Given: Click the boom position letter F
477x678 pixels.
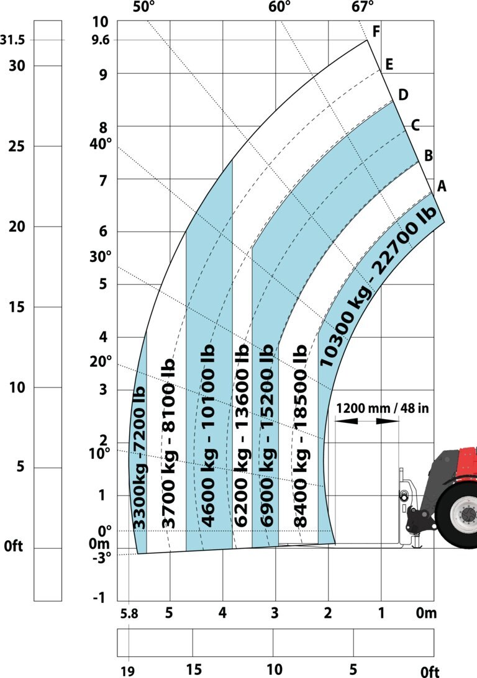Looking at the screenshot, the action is click(376, 31).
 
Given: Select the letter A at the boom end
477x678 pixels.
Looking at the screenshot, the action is click(441, 186).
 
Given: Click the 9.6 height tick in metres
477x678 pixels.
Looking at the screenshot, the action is click(101, 40).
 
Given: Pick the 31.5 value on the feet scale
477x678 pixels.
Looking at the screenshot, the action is click(12, 40).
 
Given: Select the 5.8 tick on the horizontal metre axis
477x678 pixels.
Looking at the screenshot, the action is click(129, 613).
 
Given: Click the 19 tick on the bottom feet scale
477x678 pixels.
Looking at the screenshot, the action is click(127, 671).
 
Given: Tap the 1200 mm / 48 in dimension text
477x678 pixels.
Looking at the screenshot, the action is click(383, 408).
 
